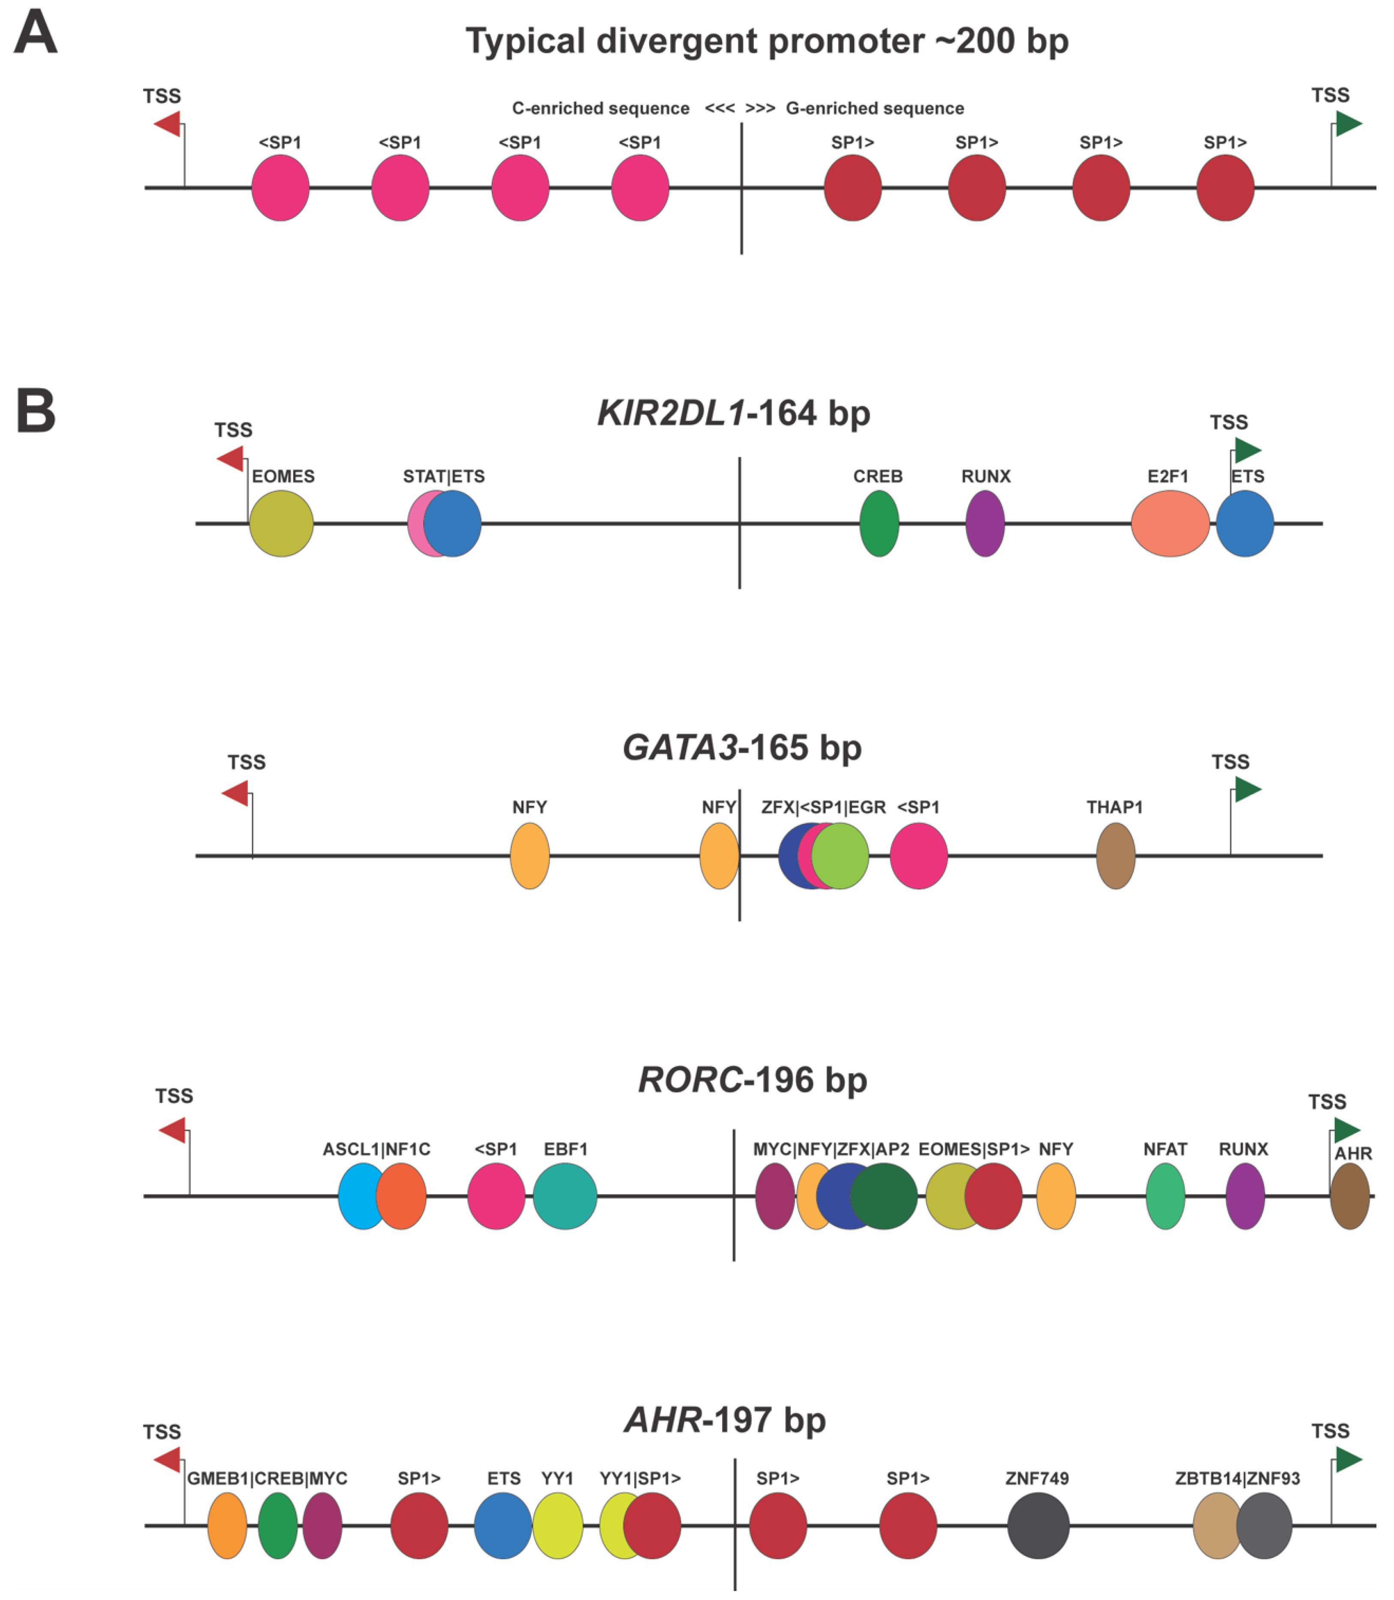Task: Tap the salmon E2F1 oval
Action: tap(1169, 524)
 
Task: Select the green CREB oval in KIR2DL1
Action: tap(879, 524)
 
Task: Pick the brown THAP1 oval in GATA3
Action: tap(1116, 856)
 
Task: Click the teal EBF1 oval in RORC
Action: tap(566, 1196)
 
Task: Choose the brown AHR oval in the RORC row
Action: tap(1350, 1196)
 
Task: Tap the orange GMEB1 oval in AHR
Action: tap(227, 1526)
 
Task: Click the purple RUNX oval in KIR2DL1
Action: tap(985, 524)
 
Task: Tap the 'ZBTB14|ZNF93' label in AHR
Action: tap(1237, 1479)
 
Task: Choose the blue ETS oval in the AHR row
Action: tap(503, 1526)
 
